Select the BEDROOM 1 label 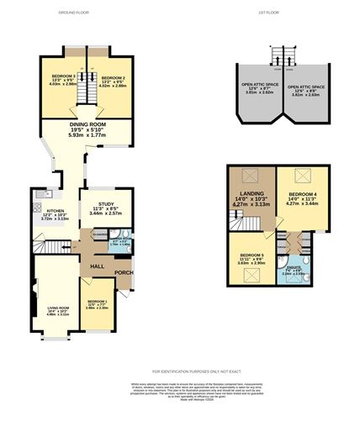point(98,301)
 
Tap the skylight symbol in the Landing point(249,176)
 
